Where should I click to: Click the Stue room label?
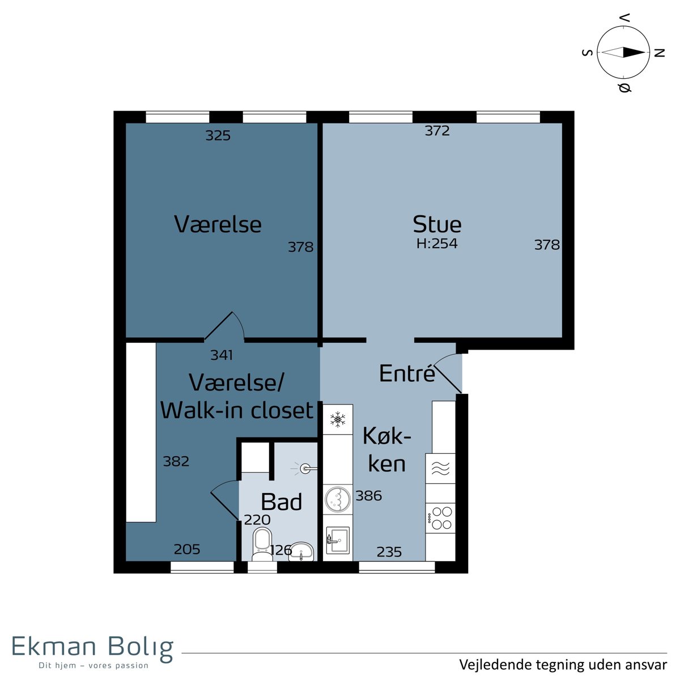pos(437,224)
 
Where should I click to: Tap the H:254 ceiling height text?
pos(437,244)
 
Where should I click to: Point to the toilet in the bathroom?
pos(262,545)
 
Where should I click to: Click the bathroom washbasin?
pos(301,551)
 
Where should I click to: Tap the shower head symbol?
pos(305,469)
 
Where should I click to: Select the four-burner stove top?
pos(440,518)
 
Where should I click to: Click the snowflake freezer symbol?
pos(338,419)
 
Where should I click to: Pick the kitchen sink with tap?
pos(338,540)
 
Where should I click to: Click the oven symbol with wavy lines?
pos(440,468)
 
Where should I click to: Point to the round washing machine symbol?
pos(337,499)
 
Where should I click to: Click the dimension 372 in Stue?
pos(437,131)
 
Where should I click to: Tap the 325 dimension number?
pos(218,135)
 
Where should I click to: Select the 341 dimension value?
pos(221,355)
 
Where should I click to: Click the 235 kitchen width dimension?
pos(389,552)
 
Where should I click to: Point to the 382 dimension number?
pos(176,461)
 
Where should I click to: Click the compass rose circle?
pos(623,53)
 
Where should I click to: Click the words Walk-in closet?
pos(237,410)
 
